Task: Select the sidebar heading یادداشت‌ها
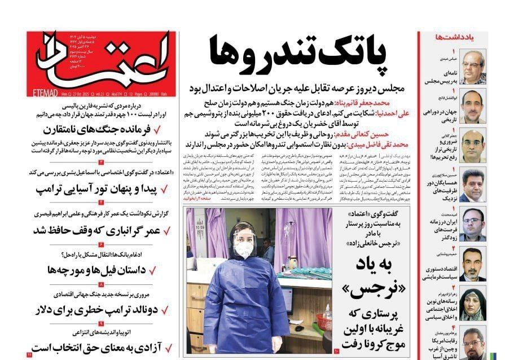[454, 37]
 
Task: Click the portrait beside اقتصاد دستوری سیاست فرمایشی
[472, 264]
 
